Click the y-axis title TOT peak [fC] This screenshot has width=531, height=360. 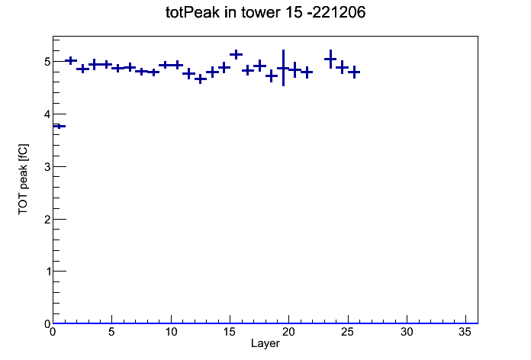[x=24, y=179]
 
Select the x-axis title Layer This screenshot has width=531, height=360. [x=265, y=343]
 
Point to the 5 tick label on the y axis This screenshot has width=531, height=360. [x=47, y=62]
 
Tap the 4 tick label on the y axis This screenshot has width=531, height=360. [x=47, y=114]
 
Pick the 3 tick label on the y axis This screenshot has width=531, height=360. [x=47, y=166]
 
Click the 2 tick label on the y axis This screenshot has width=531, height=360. [x=47, y=219]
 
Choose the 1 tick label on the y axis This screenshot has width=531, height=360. [x=47, y=272]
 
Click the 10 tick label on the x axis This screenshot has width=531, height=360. [x=171, y=332]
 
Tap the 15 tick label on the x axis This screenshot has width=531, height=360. [x=230, y=332]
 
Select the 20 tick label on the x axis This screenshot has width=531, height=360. [x=288, y=332]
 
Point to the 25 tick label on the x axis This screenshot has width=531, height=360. [x=347, y=332]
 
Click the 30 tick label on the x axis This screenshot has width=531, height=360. [x=407, y=332]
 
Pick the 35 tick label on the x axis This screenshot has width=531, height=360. [x=465, y=332]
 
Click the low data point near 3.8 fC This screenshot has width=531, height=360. [x=60, y=127]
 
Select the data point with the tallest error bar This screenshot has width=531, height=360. [x=283, y=68]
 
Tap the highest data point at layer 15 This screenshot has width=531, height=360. [x=236, y=54]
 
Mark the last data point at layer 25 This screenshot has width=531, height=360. [x=354, y=72]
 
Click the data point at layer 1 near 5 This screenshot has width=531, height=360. [x=71, y=60]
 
